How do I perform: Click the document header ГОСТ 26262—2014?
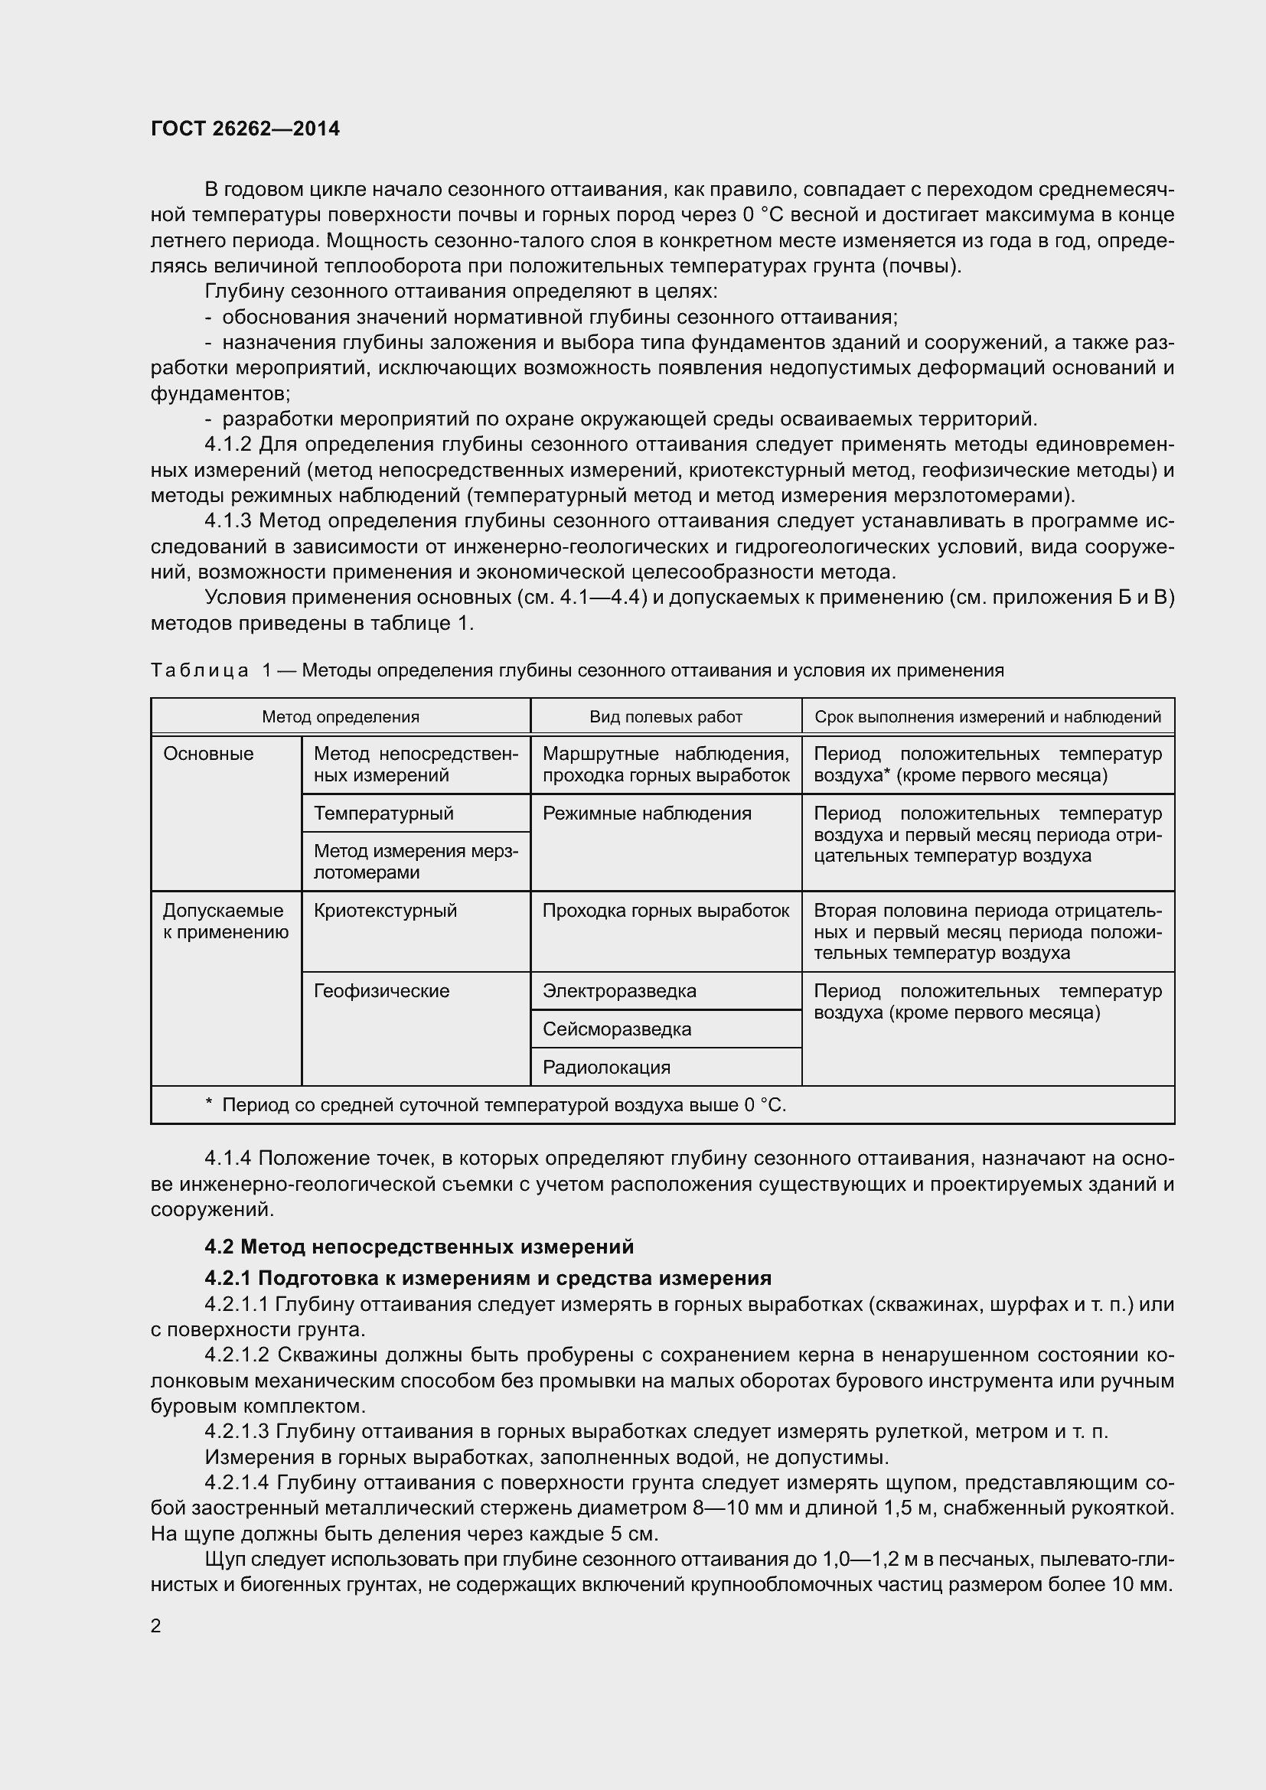[245, 129]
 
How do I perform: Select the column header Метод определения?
[340, 716]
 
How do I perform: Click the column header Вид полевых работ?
[665, 716]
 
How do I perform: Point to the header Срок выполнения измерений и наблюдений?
[987, 716]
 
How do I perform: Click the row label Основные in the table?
[208, 754]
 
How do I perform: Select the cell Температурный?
[383, 813]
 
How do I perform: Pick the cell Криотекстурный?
[385, 911]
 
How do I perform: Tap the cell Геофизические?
[381, 991]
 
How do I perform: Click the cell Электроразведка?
[619, 991]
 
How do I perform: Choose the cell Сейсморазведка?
[617, 1029]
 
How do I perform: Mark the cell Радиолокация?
[606, 1068]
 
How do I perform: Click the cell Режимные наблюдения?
[646, 813]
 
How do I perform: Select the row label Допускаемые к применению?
[225, 921]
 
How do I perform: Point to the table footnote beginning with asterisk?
[496, 1105]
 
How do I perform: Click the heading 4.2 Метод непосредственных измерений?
[419, 1247]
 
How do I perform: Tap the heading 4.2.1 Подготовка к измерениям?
[488, 1278]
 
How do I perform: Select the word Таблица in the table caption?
[200, 670]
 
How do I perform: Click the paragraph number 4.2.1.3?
[237, 1431]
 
